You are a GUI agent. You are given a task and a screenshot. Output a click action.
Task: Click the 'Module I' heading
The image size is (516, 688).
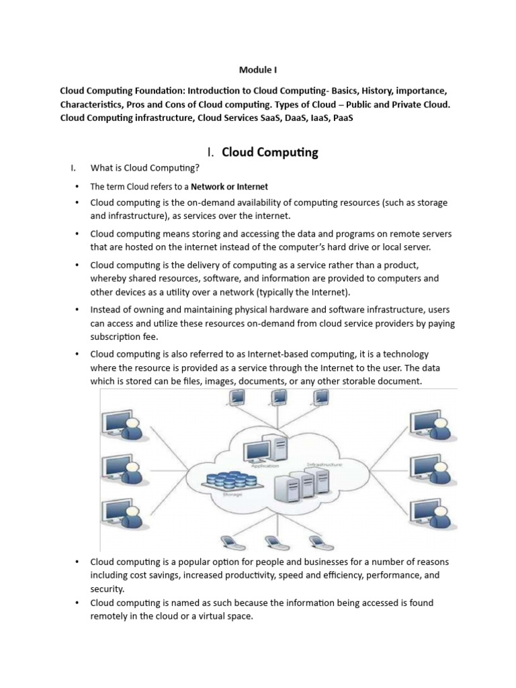258,69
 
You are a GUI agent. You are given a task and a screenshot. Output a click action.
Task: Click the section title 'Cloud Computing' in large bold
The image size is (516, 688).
269,153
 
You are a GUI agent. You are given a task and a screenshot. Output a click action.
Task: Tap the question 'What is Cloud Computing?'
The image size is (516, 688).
144,167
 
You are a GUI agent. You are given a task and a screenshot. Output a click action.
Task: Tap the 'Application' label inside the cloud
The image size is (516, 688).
263,465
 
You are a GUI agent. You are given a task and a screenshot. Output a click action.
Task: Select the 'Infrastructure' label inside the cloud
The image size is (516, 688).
325,465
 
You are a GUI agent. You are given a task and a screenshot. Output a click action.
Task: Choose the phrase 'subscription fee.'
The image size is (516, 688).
124,337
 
